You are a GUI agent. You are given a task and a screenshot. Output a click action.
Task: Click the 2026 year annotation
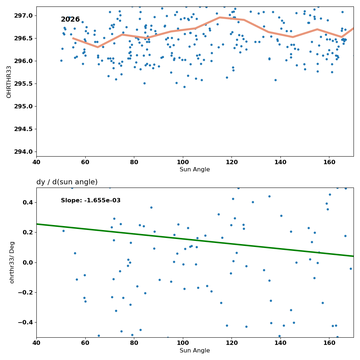[x=70, y=19]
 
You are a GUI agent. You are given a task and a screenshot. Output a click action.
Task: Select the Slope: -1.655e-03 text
[x=91, y=201]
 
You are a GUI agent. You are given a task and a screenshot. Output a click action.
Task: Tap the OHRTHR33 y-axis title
[x=9, y=82]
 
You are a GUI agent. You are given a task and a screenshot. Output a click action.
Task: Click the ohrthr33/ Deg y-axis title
[x=12, y=262]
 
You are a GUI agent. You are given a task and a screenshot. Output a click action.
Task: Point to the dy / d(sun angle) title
[x=67, y=182]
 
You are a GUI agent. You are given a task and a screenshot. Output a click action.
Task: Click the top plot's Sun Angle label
[x=195, y=170]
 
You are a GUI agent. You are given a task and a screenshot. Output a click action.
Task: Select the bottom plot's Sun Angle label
[x=195, y=351]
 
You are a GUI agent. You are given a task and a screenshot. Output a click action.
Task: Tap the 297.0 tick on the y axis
[x=24, y=15]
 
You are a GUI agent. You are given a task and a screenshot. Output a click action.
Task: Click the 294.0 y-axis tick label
[x=24, y=152]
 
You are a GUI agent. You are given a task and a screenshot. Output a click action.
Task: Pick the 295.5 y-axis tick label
[x=24, y=84]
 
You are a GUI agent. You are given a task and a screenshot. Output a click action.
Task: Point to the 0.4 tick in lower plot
[x=28, y=202]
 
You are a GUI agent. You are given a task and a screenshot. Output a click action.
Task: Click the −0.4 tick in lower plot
[x=26, y=323]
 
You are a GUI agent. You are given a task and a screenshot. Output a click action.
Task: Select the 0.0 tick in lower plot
[x=28, y=262]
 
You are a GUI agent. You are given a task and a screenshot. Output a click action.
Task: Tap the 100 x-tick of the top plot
[x=183, y=162]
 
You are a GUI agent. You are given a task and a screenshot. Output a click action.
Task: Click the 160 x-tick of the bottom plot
[x=329, y=343]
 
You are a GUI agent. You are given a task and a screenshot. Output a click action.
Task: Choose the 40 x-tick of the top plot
[x=36, y=162]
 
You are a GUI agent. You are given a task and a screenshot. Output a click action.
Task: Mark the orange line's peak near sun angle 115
[x=220, y=17]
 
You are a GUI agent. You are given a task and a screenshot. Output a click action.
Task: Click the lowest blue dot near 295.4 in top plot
[x=184, y=87]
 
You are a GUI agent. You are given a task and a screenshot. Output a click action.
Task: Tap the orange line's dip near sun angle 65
[x=98, y=47]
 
